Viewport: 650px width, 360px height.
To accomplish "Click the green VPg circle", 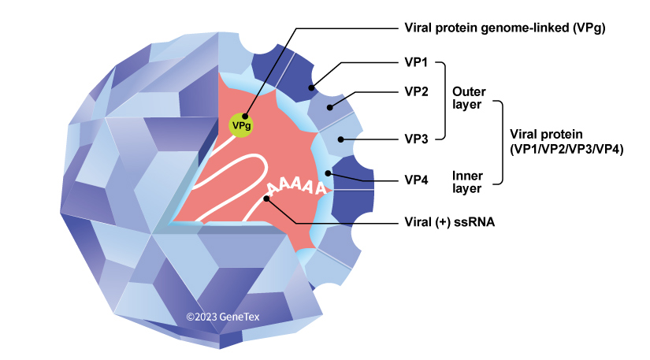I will (241, 124).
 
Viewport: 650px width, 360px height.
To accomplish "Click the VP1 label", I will (416, 63).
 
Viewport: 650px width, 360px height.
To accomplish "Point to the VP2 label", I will (416, 91).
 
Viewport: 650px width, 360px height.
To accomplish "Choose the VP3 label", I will (416, 139).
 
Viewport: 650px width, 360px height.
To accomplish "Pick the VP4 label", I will (416, 180).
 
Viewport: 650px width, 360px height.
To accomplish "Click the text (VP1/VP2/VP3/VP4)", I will (566, 148).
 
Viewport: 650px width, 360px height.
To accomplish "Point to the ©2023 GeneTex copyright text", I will (223, 317).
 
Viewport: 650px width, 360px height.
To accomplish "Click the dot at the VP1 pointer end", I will (313, 88).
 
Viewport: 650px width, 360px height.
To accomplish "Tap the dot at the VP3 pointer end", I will (341, 139).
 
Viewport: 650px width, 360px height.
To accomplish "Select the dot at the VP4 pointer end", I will (328, 173).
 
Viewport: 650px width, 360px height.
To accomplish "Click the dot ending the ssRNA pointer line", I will (269, 199).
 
